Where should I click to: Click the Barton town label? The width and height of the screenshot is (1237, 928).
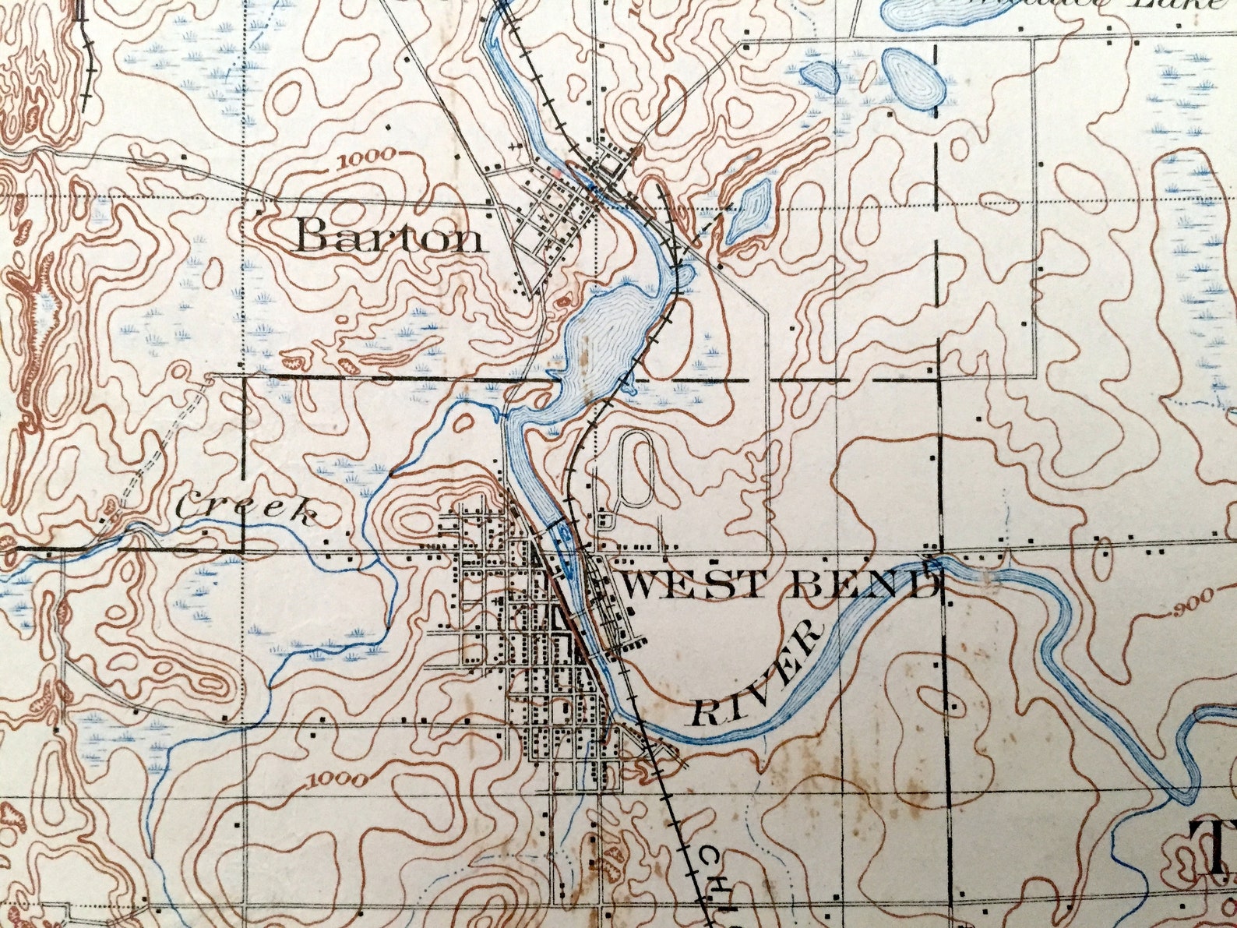389,236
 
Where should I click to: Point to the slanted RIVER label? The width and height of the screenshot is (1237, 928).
757,675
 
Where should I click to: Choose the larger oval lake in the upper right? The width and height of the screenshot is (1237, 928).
913,78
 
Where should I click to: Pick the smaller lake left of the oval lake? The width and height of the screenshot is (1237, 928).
819,77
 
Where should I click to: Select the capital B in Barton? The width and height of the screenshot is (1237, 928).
314,235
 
